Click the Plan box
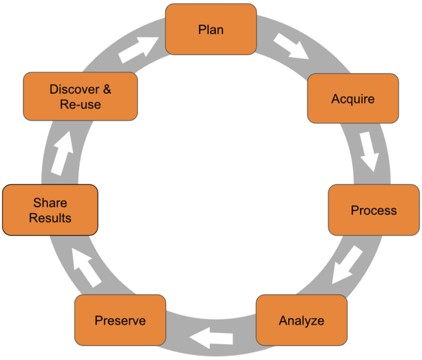tap(211, 29)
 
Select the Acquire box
tap(353, 98)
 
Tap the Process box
tap(374, 210)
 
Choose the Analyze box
tap(302, 321)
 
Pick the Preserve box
tap(120, 321)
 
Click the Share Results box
tap(50, 210)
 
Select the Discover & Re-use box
tap(80, 96)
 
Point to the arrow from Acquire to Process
tap(368, 151)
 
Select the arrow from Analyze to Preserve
tap(212, 338)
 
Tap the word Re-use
tap(80, 104)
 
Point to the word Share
tap(50, 202)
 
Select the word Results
tap(50, 218)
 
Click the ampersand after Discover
tap(106, 89)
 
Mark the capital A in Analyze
tap(283, 321)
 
